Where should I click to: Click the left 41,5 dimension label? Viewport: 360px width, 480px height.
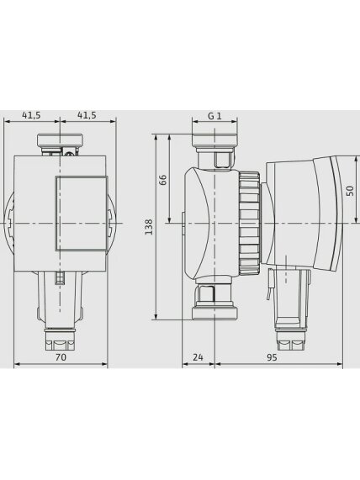click(31, 115)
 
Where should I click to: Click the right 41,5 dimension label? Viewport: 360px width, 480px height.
click(87, 115)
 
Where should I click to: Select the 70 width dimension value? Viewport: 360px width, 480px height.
click(61, 357)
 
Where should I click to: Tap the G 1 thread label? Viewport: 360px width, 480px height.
click(214, 116)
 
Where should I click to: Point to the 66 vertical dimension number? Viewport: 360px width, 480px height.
click(163, 180)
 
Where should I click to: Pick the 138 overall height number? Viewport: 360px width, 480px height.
click(149, 227)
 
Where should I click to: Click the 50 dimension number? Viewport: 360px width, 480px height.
click(350, 191)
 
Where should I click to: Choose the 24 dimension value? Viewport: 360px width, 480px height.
click(198, 357)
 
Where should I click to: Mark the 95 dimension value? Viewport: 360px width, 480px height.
click(272, 357)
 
